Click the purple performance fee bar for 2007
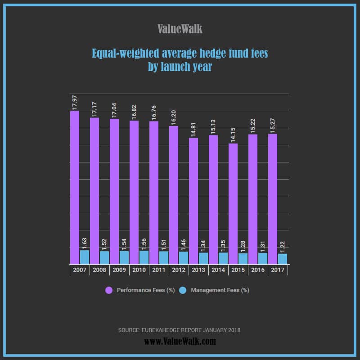pyautogui.click(x=75, y=187)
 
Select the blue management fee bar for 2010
pyautogui.click(x=144, y=257)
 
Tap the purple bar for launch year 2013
pyautogui.click(x=193, y=201)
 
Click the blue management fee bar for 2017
pyautogui.click(x=283, y=259)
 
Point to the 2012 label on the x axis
pyautogui.click(x=179, y=270)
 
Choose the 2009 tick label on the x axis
pyautogui.click(x=119, y=270)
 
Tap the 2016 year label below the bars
pyautogui.click(x=258, y=270)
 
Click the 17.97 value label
pyautogui.click(x=75, y=102)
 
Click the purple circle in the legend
pyautogui.click(x=109, y=290)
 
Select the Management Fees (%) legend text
pyautogui.click(x=220, y=290)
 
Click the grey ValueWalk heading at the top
pyautogui.click(x=180, y=29)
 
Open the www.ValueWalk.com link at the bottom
pyautogui.click(x=180, y=342)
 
